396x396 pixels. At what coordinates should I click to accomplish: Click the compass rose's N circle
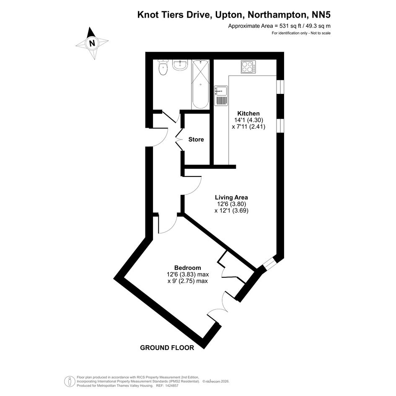(92, 42)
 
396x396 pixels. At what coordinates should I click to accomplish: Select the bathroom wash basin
(180, 65)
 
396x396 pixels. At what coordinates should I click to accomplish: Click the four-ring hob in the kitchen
(248, 67)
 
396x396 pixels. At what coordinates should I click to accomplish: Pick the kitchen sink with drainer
(220, 96)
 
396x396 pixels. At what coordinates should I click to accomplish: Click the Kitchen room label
(248, 114)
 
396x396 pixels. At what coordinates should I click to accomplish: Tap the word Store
(196, 140)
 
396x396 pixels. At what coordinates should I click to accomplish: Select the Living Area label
(231, 197)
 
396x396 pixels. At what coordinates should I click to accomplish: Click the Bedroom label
(187, 268)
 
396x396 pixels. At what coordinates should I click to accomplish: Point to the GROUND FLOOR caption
(167, 347)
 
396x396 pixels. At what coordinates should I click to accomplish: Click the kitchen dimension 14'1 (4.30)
(248, 120)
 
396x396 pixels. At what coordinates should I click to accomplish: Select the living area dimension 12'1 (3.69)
(232, 211)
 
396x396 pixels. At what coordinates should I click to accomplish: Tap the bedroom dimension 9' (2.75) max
(187, 281)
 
